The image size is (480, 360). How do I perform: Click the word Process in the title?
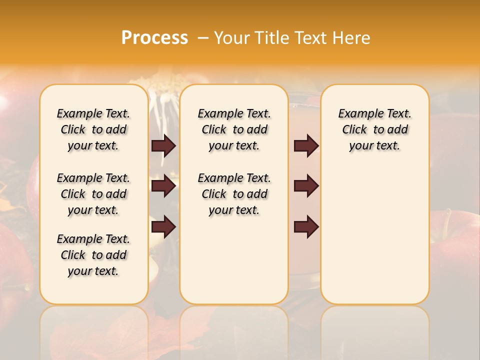click(154, 38)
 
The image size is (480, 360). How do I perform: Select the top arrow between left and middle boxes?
click(163, 145)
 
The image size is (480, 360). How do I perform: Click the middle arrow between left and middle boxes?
click(163, 186)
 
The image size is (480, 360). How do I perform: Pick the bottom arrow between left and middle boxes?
click(163, 226)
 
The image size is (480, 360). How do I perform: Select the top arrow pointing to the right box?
click(306, 145)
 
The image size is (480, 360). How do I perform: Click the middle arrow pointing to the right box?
click(306, 186)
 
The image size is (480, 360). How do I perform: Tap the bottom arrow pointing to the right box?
click(306, 226)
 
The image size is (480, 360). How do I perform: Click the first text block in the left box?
click(93, 129)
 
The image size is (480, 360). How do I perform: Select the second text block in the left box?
click(93, 194)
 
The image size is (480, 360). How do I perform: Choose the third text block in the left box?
click(93, 255)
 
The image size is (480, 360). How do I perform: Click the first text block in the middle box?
click(234, 129)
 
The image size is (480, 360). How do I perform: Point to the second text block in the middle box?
click(234, 194)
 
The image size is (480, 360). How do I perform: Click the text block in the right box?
click(374, 129)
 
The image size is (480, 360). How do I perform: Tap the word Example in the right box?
click(359, 114)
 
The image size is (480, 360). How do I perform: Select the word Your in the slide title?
click(231, 38)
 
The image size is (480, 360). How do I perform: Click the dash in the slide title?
click(203, 38)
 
